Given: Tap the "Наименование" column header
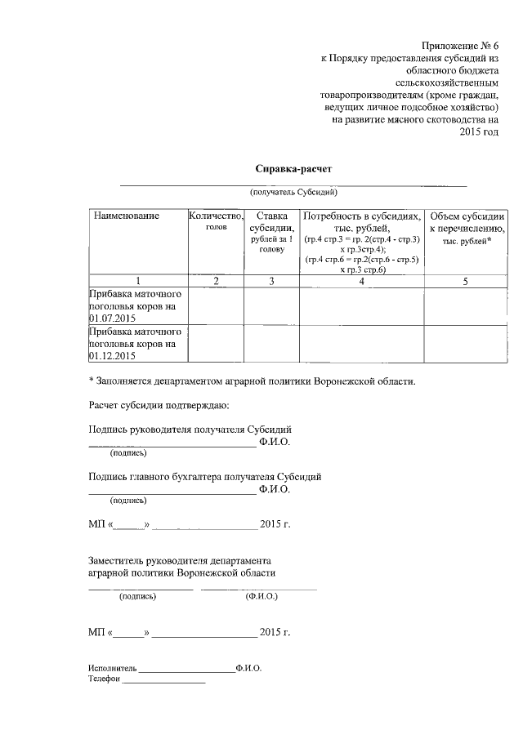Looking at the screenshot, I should click(126, 216).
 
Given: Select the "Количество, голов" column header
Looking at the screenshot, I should click(216, 220).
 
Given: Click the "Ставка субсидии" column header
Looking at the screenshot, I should click(271, 232).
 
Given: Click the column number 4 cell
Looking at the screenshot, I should click(362, 280).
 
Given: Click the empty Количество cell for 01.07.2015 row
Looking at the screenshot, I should click(216, 305).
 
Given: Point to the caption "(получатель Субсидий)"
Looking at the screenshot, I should click(294, 192).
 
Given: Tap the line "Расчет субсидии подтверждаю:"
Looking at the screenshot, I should click(159, 405).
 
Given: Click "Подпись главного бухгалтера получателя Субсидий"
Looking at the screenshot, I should click(204, 476).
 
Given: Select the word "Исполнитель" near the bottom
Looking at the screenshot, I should click(113, 668).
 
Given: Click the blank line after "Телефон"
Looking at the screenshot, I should click(163, 679).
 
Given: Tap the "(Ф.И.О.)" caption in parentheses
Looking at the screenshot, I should click(261, 596).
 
